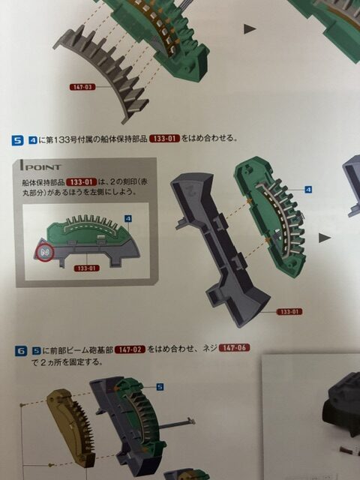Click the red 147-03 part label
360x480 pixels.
82,87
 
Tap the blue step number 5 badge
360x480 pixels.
17,140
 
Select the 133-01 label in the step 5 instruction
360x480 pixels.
164,139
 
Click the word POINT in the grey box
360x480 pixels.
43,167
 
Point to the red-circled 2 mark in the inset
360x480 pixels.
44,253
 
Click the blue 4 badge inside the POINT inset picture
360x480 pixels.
128,218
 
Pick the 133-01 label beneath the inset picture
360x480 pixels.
87,268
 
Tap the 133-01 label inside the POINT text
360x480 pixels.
82,182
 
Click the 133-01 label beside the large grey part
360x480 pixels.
289,312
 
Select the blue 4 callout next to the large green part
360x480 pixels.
308,190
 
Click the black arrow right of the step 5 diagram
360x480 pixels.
325,238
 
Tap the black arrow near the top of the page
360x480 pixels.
250,29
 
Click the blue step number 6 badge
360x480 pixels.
20,351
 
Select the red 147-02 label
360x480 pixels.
130,349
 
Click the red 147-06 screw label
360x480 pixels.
235,348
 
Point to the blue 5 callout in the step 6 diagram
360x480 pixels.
160,387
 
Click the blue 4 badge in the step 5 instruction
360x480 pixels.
33,140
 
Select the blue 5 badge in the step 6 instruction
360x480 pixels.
37,350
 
